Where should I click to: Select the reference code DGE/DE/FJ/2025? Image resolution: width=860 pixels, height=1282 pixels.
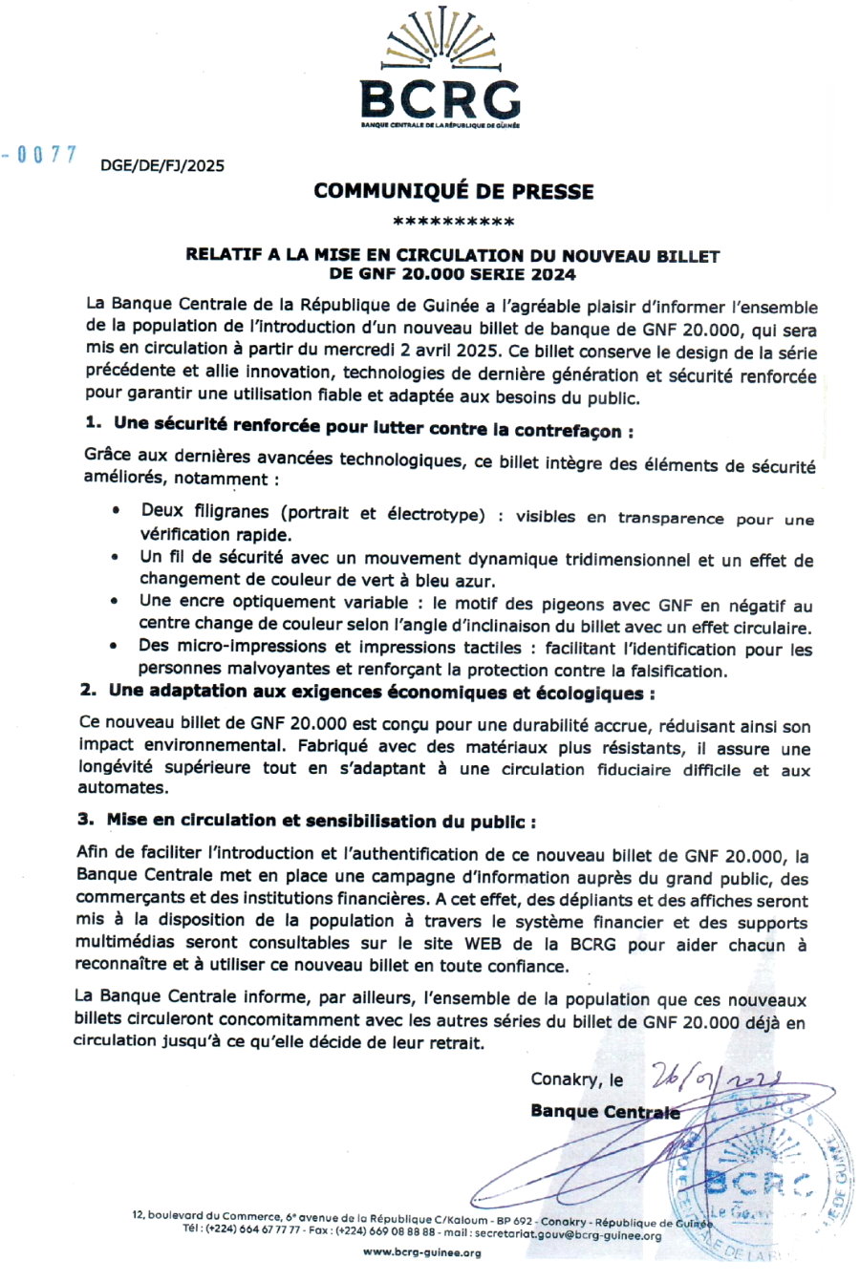point(162,165)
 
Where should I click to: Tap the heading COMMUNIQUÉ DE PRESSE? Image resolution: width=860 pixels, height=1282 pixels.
point(453,191)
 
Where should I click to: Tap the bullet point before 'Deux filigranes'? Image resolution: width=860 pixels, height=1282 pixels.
point(116,511)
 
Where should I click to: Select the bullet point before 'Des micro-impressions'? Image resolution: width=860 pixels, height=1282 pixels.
point(115,647)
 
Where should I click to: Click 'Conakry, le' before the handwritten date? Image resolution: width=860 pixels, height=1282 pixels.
point(577,1079)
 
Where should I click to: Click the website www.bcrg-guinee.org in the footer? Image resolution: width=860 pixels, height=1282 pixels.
point(422,1252)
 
